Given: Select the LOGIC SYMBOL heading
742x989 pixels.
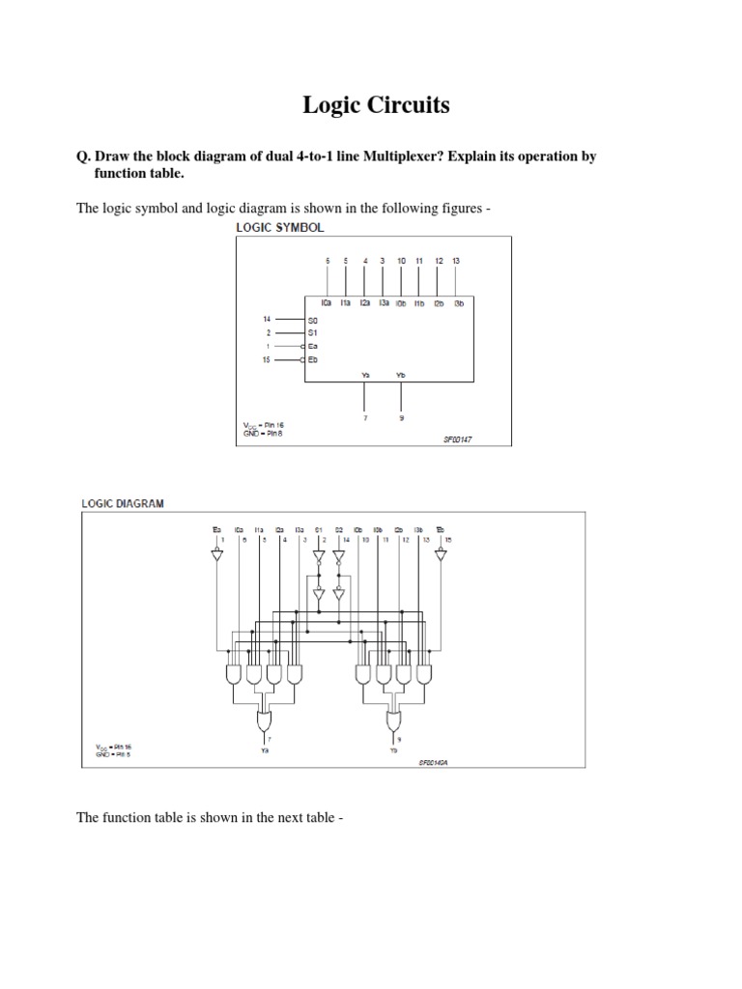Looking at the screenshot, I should point(281,227).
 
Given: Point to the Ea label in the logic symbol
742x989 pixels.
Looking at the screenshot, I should point(312,345).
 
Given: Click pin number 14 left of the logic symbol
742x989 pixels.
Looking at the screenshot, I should point(268,318).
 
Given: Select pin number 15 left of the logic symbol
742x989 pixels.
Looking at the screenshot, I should point(268,359).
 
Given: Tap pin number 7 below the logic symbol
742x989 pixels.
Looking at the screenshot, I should point(365,418).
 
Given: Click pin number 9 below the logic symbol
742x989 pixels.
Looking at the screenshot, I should point(401,418).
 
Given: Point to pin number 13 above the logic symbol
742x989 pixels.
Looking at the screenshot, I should point(456,261).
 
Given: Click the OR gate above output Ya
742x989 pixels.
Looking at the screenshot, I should point(265,720).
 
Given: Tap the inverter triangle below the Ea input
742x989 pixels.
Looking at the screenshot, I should point(216,554).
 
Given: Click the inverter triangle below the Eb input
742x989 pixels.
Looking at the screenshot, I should point(441,554).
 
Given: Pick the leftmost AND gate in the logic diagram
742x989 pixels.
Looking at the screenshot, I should point(233,674).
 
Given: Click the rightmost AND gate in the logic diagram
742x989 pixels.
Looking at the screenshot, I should point(426,674).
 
